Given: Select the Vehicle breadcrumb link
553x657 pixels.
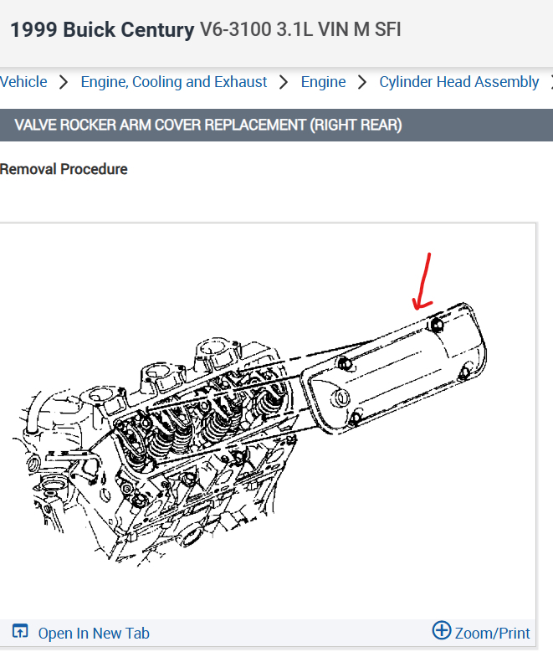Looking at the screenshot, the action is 23,82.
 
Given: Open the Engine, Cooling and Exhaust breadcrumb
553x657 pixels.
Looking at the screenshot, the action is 174,82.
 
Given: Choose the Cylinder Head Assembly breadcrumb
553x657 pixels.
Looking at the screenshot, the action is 458,82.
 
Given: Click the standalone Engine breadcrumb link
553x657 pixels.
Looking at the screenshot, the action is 323,82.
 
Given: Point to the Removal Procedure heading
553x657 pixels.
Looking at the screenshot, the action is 64,169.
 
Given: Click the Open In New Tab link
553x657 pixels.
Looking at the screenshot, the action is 94,633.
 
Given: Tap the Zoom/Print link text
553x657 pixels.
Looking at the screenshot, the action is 493,633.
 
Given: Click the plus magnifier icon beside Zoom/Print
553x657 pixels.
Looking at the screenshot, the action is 441,631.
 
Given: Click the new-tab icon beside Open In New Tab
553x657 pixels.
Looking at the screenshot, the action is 21,632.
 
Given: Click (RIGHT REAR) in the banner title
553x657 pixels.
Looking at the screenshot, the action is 356,126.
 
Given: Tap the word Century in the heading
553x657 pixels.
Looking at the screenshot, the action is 161,30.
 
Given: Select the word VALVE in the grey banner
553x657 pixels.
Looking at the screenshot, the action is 36,126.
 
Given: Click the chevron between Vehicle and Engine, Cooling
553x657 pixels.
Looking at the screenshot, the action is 64,82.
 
